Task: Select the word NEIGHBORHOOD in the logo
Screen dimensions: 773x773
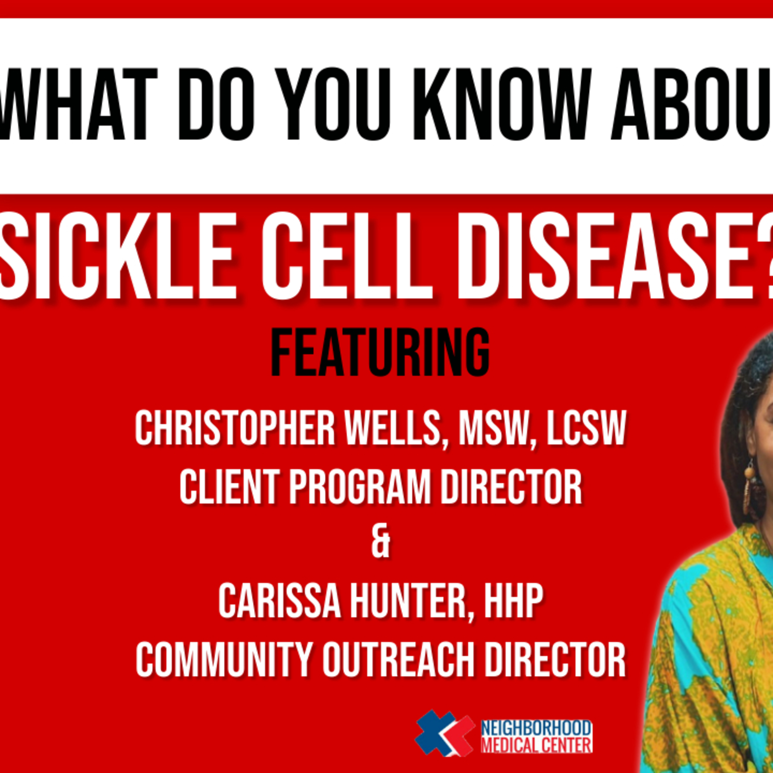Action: (536, 728)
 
